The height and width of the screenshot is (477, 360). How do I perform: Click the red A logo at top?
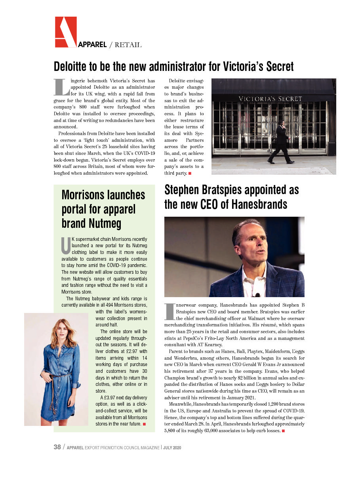tap(65, 32)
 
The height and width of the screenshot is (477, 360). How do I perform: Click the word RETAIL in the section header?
tap(128, 45)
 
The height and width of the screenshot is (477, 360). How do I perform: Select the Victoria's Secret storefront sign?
tap(270, 99)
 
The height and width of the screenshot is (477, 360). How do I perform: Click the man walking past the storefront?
tap(282, 142)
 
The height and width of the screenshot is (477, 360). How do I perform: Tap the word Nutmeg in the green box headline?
tap(105, 223)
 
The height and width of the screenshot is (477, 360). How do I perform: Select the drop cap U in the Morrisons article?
tap(66, 245)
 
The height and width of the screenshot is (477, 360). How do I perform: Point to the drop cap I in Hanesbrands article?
tap(169, 312)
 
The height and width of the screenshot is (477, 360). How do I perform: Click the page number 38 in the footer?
tap(57, 447)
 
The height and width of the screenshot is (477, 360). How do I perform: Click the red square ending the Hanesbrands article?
tap(284, 431)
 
